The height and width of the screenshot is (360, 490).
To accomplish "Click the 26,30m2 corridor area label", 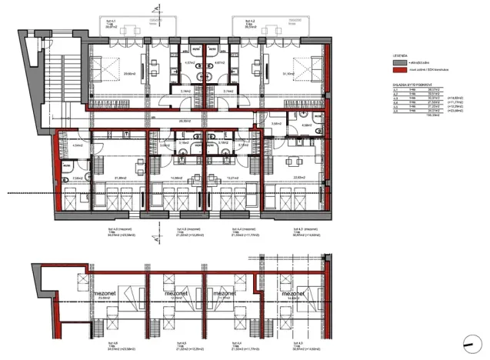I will click(x=185, y=120).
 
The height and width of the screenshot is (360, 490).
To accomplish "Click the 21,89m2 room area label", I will click(x=120, y=179).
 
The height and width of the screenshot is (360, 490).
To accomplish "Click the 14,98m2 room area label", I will click(x=174, y=178).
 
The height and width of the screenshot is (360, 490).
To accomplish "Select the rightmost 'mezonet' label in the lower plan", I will click(x=295, y=295).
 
